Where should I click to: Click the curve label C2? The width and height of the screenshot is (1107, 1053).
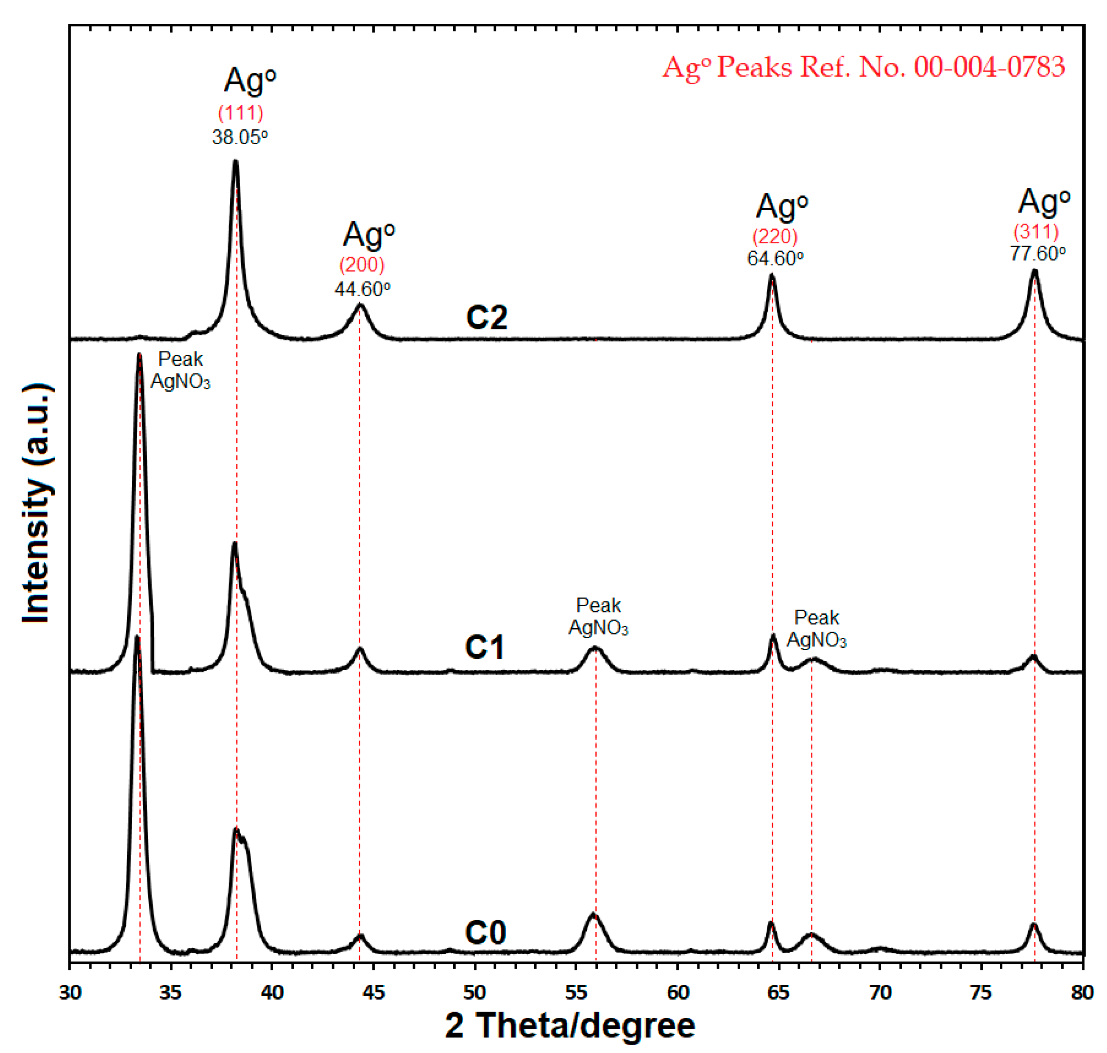[486, 317]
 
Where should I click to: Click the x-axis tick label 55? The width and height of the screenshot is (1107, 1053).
[575, 992]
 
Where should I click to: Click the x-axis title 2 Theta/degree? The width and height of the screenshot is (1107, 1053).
[570, 1025]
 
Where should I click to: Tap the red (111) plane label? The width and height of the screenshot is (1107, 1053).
[240, 113]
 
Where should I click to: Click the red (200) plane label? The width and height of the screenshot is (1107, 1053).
[362, 265]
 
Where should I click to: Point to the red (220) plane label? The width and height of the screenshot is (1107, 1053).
[775, 236]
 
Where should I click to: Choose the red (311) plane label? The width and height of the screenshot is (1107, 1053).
[1036, 231]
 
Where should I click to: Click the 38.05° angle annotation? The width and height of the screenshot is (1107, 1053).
[240, 137]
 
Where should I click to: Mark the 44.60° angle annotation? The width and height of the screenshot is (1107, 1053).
[362, 289]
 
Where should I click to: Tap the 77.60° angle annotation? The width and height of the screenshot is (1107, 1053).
[1037, 253]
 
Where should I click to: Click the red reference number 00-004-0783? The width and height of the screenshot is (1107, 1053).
[989, 67]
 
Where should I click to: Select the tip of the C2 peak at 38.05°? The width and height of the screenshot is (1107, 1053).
[235, 162]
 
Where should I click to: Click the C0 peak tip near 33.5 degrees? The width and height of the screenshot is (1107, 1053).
[137, 637]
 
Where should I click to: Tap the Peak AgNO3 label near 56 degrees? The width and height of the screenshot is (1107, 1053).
[598, 616]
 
